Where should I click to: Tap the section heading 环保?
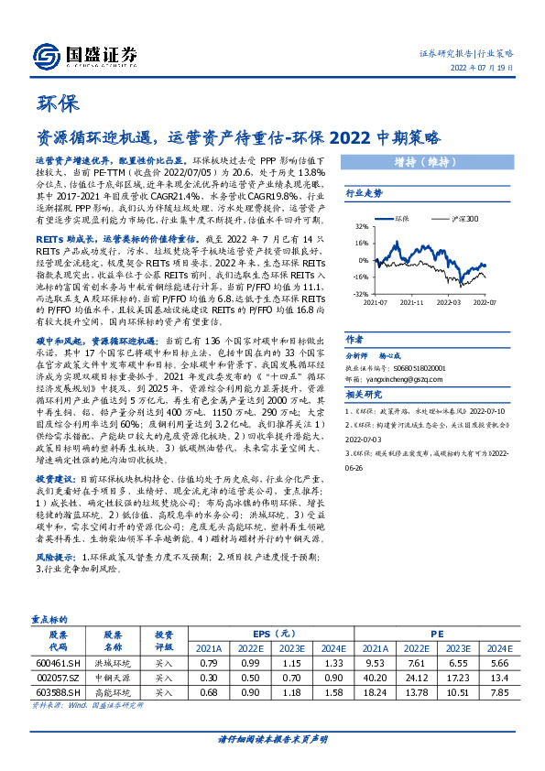click(56, 103)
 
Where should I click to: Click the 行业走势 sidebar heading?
click(363, 194)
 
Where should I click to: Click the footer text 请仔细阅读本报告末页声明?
click(272, 738)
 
